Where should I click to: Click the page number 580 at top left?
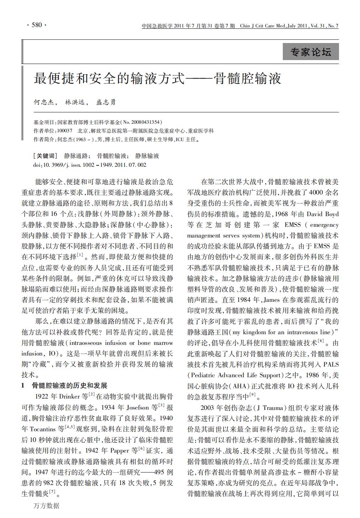37,25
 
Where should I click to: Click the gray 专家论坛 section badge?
311,52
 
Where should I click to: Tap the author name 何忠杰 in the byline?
43,102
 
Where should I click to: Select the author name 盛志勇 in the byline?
106,102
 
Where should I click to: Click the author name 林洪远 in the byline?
75,102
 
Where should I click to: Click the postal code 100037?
65,131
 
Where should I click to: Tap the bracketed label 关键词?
44,156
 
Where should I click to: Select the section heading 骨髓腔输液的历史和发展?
69,385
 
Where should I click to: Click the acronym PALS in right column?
330,364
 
